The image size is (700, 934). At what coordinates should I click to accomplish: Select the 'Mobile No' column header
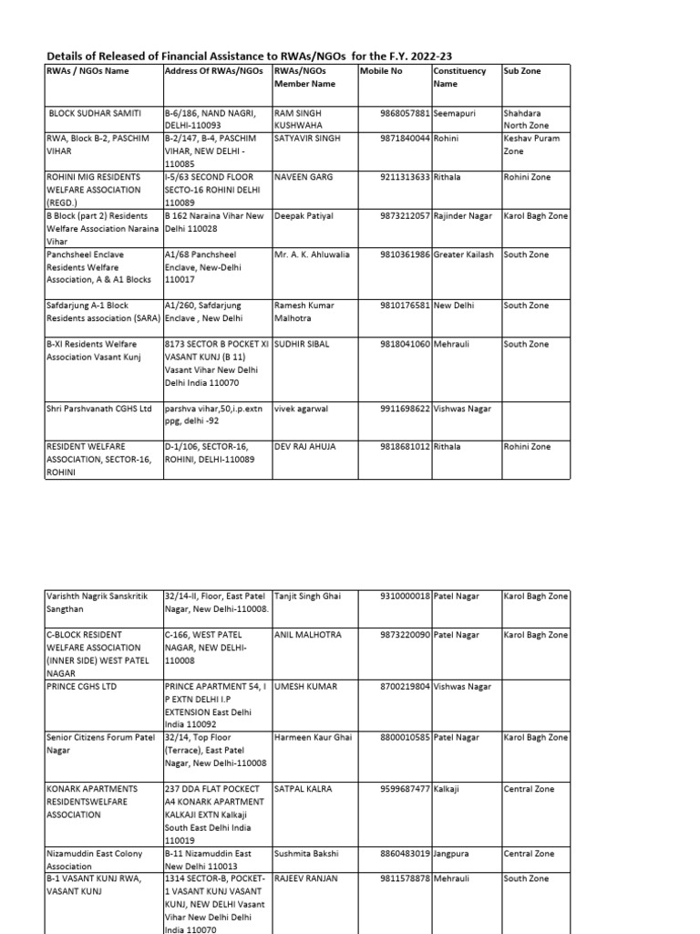click(381, 71)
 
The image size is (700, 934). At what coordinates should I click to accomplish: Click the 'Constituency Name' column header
click(459, 78)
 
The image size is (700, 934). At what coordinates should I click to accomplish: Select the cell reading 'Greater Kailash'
click(465, 254)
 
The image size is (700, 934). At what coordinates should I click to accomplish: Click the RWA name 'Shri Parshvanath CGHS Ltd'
click(98, 409)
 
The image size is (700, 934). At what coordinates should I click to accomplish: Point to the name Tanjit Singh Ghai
click(307, 596)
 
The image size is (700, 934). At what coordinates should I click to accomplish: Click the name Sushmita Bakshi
click(306, 854)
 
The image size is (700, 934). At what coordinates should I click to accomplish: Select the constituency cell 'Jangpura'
click(453, 854)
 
